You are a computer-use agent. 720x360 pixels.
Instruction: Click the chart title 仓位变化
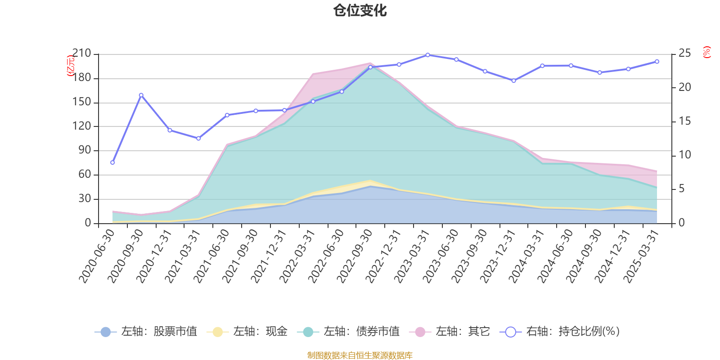pyautogui.click(x=360, y=10)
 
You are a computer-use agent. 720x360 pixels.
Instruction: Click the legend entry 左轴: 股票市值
pyautogui.click(x=146, y=332)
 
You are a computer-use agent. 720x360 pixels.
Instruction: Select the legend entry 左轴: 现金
pyautogui.click(x=247, y=332)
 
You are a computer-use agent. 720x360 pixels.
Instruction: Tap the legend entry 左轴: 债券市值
pyautogui.click(x=348, y=332)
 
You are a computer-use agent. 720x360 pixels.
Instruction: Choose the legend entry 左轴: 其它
pyautogui.click(x=450, y=332)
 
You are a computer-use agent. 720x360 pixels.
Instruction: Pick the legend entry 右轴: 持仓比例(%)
pyautogui.click(x=560, y=332)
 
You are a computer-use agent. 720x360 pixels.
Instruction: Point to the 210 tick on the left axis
pyautogui.click(x=81, y=54)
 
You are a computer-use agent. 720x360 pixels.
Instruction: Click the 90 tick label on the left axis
pyautogui.click(x=85, y=150)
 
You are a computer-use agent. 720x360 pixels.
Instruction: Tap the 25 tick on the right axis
pyautogui.click(x=684, y=54)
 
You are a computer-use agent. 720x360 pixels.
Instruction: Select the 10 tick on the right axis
pyautogui.click(x=684, y=155)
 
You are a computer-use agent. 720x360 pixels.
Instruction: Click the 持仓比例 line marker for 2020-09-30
pyautogui.click(x=141, y=95)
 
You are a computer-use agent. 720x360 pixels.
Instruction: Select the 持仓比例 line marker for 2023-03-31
pyautogui.click(x=427, y=55)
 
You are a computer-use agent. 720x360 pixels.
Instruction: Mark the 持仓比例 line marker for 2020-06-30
pyautogui.click(x=112, y=162)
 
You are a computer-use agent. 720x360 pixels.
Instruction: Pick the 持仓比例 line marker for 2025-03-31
pyautogui.click(x=657, y=61)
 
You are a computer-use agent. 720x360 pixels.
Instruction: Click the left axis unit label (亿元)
pyautogui.click(x=71, y=66)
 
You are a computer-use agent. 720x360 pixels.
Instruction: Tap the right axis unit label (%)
pyautogui.click(x=707, y=52)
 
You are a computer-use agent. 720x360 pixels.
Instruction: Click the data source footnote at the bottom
pyautogui.click(x=360, y=355)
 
